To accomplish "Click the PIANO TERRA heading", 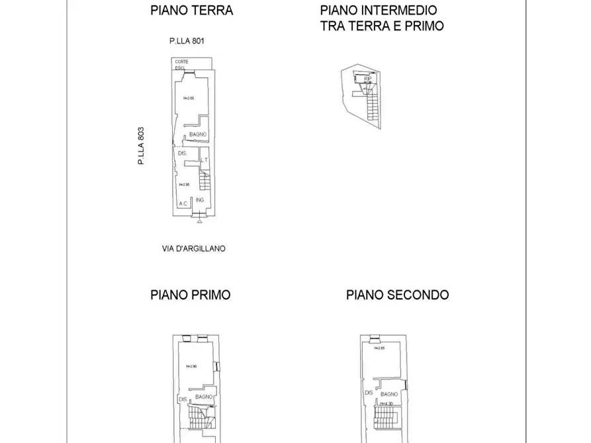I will pyautogui.click(x=192, y=11).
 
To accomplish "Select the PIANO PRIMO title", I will pyautogui.click(x=191, y=295).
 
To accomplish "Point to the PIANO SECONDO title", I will pyautogui.click(x=397, y=295).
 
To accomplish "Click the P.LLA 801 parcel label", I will pyautogui.click(x=187, y=41).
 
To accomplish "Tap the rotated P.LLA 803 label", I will pyautogui.click(x=141, y=145).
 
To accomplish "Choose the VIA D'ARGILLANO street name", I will pyautogui.click(x=193, y=249).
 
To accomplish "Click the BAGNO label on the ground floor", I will pyautogui.click(x=198, y=135).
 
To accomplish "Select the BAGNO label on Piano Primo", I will pyautogui.click(x=204, y=395).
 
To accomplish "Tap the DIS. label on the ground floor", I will pyautogui.click(x=183, y=153).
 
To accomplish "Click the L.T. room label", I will pyautogui.click(x=205, y=160).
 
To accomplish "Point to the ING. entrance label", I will pyautogui.click(x=200, y=200).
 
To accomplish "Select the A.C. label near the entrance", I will pyautogui.click(x=183, y=204).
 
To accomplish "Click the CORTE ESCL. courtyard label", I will pyautogui.click(x=182, y=64).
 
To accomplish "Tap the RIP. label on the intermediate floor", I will pyautogui.click(x=368, y=79).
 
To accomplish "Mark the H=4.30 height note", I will pyautogui.click(x=388, y=403).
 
